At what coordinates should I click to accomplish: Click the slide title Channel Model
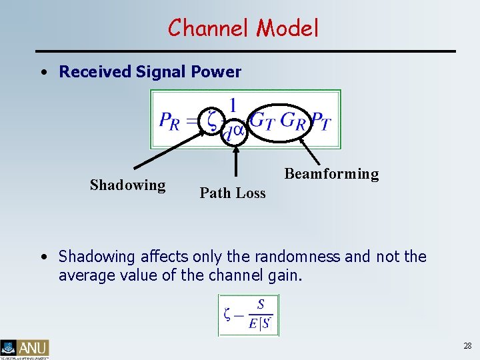pos(243,28)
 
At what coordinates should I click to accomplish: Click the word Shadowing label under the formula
pos(127,185)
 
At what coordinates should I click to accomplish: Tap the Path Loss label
pos(233,193)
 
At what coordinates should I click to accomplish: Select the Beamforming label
pos(331,174)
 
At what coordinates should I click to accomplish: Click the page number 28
pos(467,345)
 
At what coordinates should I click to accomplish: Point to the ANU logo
pos(25,348)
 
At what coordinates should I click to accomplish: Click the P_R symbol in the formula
pos(169,121)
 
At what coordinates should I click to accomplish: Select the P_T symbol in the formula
pos(321,121)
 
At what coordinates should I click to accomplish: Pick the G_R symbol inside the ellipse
pos(294,121)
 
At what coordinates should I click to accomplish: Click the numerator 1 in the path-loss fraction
pos(233,105)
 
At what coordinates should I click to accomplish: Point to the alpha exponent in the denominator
pos(238,130)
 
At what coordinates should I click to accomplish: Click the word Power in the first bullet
pos(218,72)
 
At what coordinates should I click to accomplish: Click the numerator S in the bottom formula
pos(261,305)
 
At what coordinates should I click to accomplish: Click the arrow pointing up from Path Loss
pos(236,160)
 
